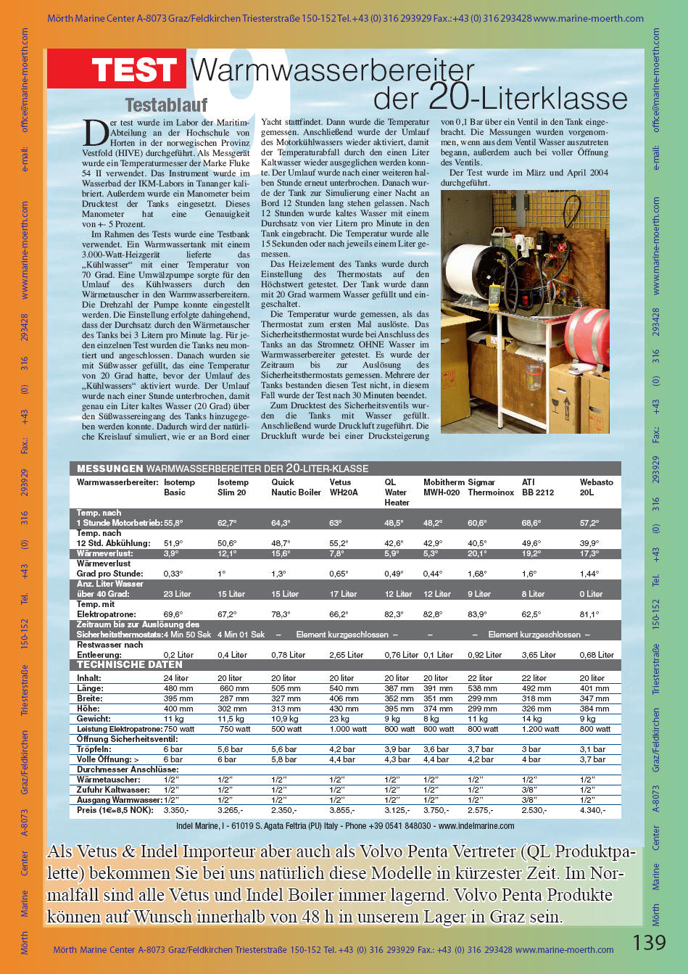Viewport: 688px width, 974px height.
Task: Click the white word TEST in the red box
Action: click(134, 70)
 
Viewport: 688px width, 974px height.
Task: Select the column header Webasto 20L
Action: click(596, 487)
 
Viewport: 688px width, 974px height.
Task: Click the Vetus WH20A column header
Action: click(344, 487)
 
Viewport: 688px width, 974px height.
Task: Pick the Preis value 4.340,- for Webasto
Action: click(592, 810)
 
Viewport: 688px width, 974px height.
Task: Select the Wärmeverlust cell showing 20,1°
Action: click(476, 553)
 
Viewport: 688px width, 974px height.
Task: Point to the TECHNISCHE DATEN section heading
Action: click(129, 664)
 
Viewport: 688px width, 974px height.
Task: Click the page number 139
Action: click(649, 942)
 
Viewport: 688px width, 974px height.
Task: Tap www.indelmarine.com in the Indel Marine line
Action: click(476, 826)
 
